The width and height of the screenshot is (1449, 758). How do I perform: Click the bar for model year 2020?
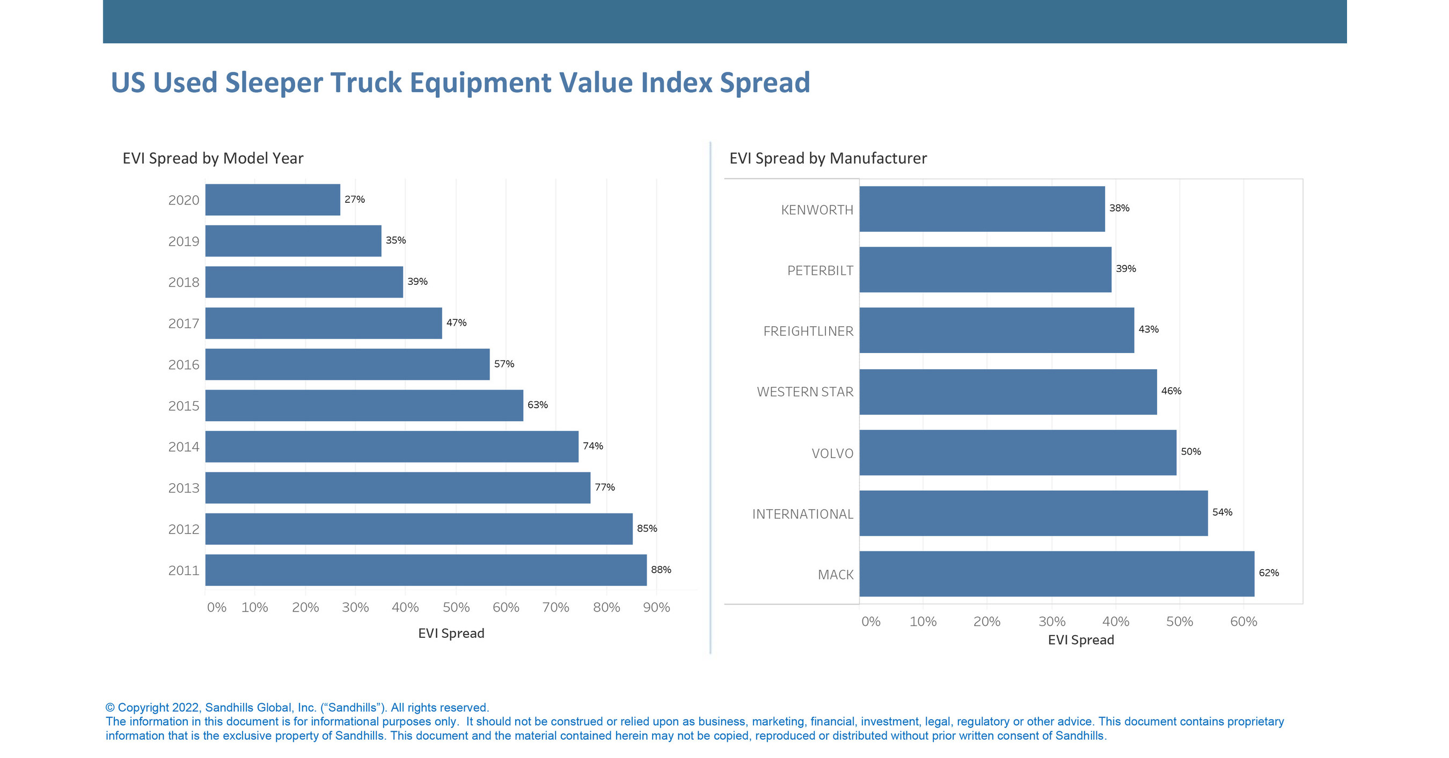click(x=273, y=200)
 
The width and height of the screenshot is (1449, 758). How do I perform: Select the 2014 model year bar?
click(x=392, y=446)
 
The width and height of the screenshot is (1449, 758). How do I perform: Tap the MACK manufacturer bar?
click(x=1056, y=573)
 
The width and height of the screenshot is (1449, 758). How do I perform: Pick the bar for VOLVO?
click(x=1018, y=453)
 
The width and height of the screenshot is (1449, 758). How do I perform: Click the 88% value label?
click(x=661, y=570)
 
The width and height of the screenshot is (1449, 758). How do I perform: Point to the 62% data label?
click(x=1269, y=573)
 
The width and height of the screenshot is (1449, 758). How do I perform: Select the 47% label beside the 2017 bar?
click(x=456, y=323)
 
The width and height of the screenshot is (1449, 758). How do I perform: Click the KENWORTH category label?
click(x=817, y=210)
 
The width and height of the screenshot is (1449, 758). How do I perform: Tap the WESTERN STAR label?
click(x=805, y=392)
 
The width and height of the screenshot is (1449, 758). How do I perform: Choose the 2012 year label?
click(x=184, y=529)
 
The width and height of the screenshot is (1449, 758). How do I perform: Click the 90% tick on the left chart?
click(x=656, y=607)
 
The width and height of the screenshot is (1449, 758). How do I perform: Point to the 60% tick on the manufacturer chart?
click(x=1243, y=621)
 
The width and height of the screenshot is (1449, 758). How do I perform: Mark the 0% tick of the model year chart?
click(x=217, y=607)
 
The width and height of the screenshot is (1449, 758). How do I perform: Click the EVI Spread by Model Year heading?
click(x=213, y=158)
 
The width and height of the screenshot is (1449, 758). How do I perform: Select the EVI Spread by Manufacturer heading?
click(x=828, y=158)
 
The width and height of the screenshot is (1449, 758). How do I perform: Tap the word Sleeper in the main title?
click(x=273, y=83)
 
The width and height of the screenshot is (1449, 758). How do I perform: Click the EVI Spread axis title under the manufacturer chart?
click(x=1080, y=640)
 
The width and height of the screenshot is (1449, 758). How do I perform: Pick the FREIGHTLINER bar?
click(x=996, y=330)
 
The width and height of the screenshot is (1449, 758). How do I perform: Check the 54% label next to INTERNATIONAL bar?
click(x=1222, y=512)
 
